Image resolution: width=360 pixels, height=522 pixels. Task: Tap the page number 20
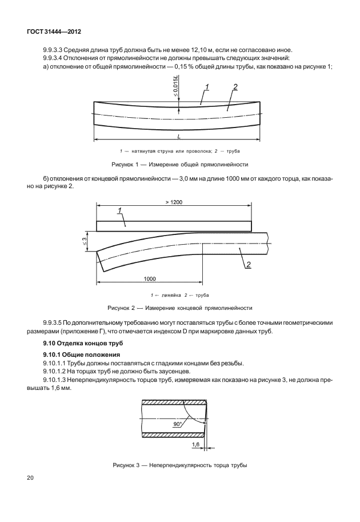pyautogui.click(x=30, y=477)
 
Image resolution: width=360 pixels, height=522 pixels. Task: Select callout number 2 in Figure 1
pyautogui.click(x=235, y=87)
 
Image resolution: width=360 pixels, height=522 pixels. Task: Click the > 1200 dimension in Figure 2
pyautogui.click(x=174, y=202)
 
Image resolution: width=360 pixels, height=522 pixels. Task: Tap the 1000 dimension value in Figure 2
pyautogui.click(x=150, y=278)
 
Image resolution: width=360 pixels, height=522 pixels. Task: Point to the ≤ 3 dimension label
pyautogui.click(x=84, y=242)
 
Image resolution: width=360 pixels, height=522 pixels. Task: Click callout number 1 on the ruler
pyautogui.click(x=121, y=211)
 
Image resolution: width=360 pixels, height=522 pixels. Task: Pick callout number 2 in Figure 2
pyautogui.click(x=249, y=264)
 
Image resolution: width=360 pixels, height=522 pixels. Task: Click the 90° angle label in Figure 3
pyautogui.click(x=177, y=424)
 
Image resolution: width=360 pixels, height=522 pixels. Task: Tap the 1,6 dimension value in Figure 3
pyautogui.click(x=195, y=444)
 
